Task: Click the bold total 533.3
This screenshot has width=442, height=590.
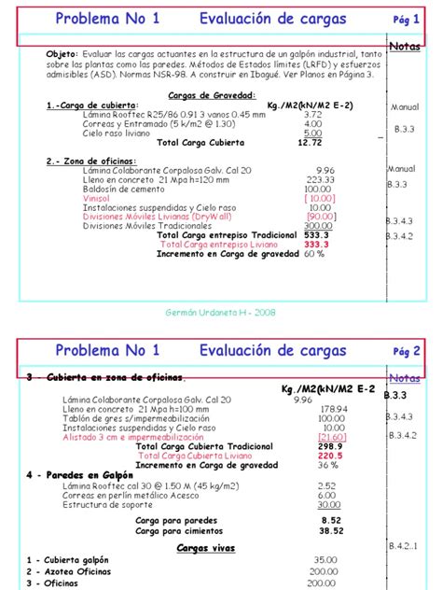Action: click(x=315, y=235)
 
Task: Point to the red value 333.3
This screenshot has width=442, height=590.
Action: click(x=315, y=245)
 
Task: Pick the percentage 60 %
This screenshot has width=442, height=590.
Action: click(x=313, y=254)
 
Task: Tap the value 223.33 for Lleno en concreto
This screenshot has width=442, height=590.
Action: click(x=320, y=179)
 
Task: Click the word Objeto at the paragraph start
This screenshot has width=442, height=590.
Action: click(x=62, y=54)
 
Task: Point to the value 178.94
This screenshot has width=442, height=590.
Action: click(x=335, y=409)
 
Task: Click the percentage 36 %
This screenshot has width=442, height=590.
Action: click(x=327, y=465)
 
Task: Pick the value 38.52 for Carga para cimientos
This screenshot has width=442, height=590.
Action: click(x=331, y=529)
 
